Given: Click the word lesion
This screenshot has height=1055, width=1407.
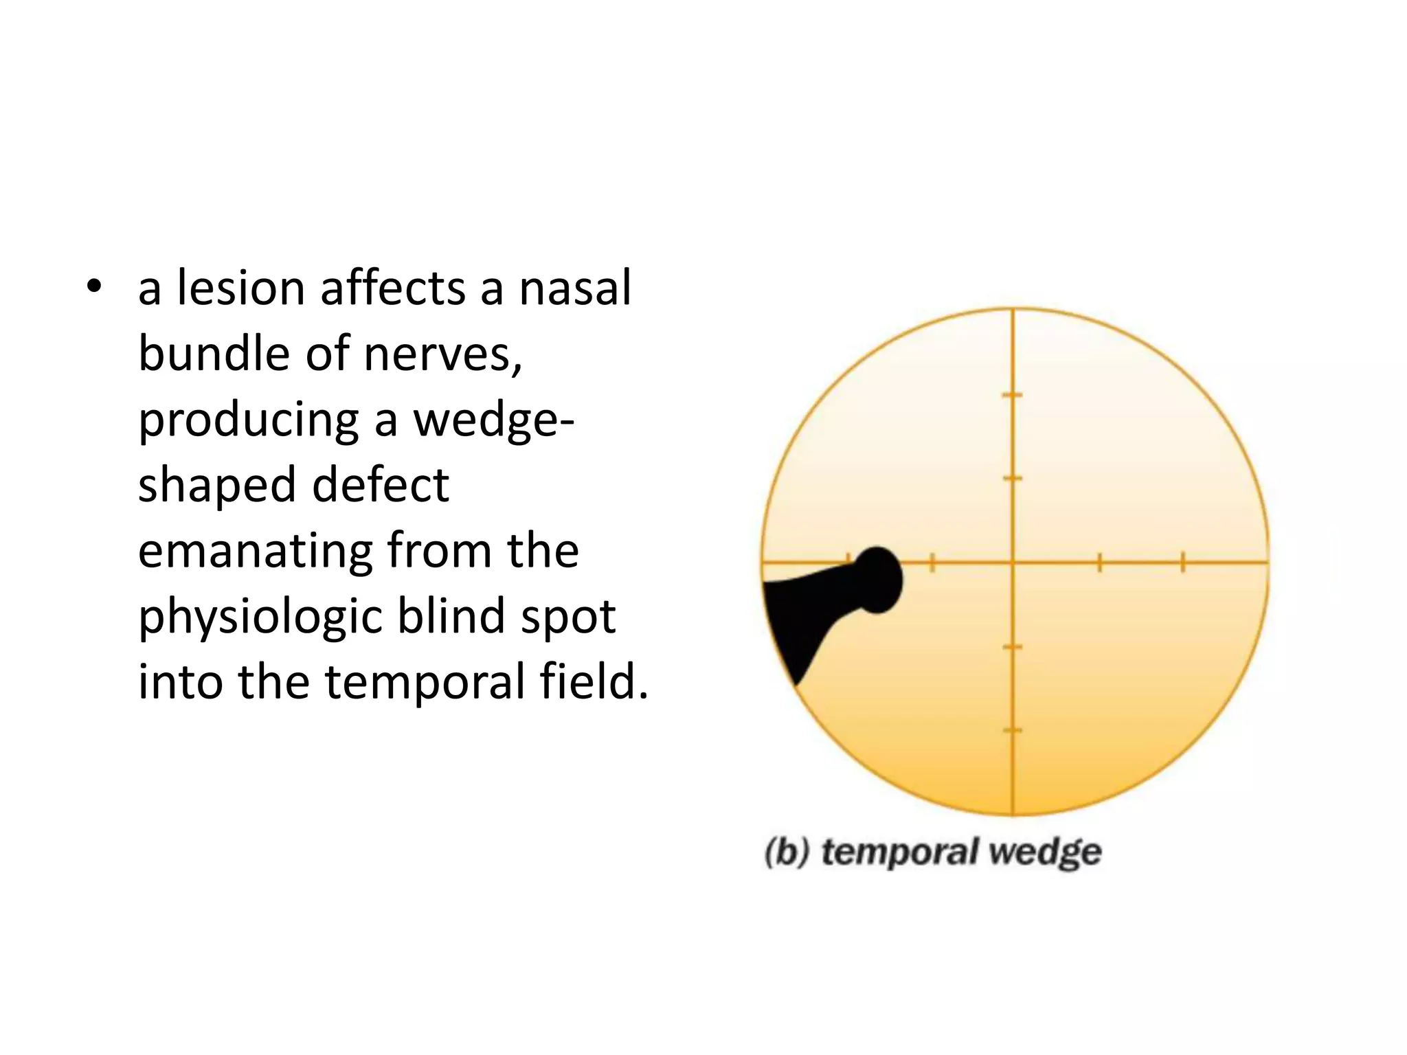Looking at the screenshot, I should pos(240,288).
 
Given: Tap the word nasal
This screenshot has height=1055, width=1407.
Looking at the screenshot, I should pos(574,288).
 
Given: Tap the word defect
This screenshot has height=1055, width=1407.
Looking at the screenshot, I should pos(381,485).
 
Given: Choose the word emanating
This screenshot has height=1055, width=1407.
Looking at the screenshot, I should pos(255,551).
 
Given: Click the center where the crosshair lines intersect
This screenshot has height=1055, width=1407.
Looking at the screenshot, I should pos(1013,563).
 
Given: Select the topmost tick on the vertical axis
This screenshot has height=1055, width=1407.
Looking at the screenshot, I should pos(1013,395).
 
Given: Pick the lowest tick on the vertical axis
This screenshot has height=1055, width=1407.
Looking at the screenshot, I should pos(1013,731).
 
